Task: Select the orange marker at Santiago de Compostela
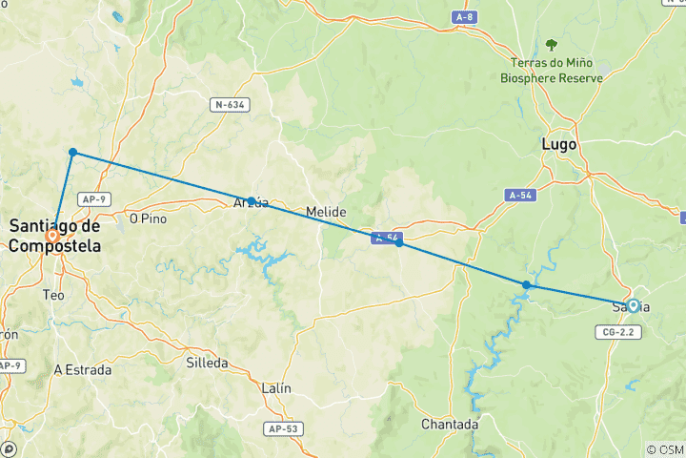click(x=53, y=235)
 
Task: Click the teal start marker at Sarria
click(x=633, y=306)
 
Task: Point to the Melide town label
click(x=326, y=211)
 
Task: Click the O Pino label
click(x=148, y=219)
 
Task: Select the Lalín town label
click(x=275, y=388)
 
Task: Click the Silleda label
click(x=208, y=364)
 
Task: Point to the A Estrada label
click(x=83, y=369)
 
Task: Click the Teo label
click(x=54, y=296)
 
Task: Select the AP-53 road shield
click(x=282, y=429)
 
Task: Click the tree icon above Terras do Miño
click(x=551, y=45)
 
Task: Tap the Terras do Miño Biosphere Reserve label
click(x=552, y=70)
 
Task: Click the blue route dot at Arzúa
click(x=251, y=201)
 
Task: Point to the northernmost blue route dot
click(x=72, y=152)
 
